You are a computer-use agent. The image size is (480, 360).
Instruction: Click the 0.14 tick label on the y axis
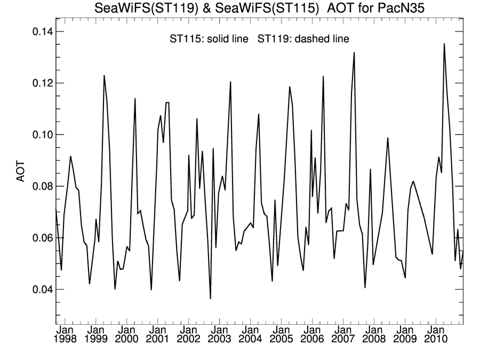click(x=39, y=31)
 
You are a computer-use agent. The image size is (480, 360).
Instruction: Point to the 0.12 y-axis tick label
click(x=39, y=83)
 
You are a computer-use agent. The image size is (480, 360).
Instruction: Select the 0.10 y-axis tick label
click(x=39, y=134)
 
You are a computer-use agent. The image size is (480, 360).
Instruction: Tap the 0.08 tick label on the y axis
click(x=39, y=186)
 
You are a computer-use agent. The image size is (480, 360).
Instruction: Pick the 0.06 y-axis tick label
click(x=39, y=238)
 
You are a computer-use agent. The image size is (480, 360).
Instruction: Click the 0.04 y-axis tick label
click(x=39, y=289)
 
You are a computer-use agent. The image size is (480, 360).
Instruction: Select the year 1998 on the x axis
click(x=66, y=339)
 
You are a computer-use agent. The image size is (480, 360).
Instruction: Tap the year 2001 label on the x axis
click(x=158, y=339)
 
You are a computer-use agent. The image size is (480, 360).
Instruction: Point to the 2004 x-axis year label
click(x=251, y=339)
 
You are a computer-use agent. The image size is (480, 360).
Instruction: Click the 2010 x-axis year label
click(x=436, y=339)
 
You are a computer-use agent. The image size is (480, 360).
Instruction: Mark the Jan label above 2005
click(x=282, y=330)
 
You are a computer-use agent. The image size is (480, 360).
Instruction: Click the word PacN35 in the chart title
click(x=396, y=8)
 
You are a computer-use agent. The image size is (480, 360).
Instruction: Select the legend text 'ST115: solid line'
click(x=208, y=39)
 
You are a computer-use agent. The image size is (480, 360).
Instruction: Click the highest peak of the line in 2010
click(x=444, y=44)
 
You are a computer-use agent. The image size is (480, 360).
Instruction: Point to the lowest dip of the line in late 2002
click(x=210, y=299)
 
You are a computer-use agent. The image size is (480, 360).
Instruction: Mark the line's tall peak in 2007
click(x=354, y=52)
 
